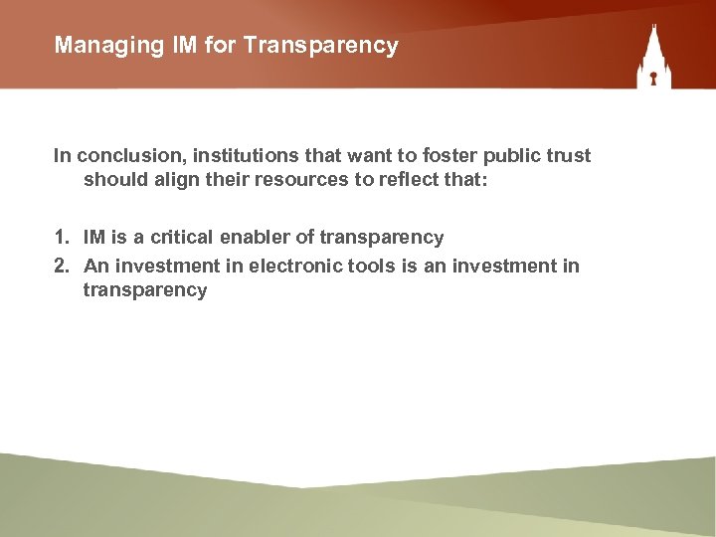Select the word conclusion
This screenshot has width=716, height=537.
point(122,155)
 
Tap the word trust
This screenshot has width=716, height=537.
point(568,155)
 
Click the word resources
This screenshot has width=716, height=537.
point(295,181)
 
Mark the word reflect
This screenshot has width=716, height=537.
point(401,181)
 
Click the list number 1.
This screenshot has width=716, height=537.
point(61,238)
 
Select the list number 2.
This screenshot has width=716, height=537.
point(61,266)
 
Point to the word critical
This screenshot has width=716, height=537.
point(182,238)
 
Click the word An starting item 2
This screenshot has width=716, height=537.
point(95,266)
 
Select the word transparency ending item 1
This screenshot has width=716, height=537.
point(382,238)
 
